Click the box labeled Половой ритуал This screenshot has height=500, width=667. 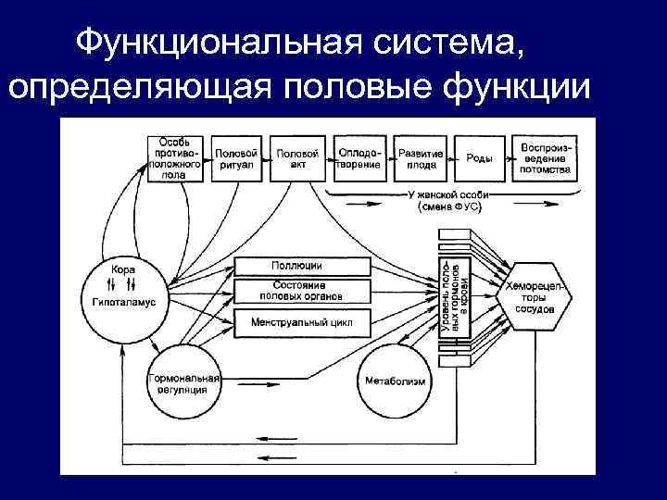(x=236, y=159)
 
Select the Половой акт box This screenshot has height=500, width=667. (x=297, y=159)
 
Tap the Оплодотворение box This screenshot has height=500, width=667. (x=359, y=159)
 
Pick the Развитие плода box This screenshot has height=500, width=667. (x=422, y=159)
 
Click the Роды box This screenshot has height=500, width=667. (x=479, y=159)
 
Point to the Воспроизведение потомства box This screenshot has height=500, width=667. (x=544, y=159)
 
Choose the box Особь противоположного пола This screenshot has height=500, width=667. (x=174, y=159)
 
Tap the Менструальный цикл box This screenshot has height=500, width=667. (x=301, y=323)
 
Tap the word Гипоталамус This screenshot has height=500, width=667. (x=124, y=302)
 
